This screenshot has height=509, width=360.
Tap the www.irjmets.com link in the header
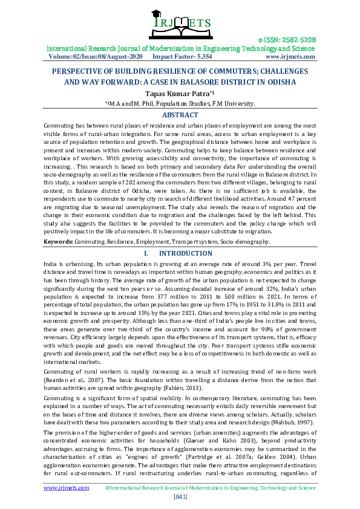[x=290, y=56]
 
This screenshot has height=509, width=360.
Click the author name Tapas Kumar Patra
[x=178, y=93]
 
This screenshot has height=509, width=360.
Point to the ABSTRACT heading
[x=180, y=114]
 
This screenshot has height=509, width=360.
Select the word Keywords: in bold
[x=58, y=241]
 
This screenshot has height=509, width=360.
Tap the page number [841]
[x=180, y=496]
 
